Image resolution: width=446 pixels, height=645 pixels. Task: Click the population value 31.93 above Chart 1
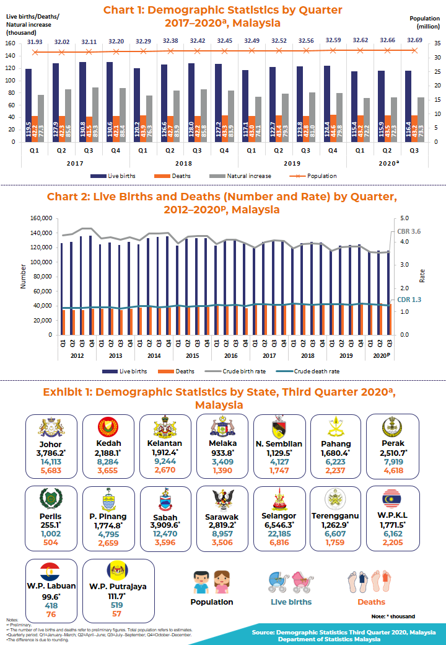click(35, 41)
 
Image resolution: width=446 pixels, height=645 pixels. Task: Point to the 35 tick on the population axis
click(437, 43)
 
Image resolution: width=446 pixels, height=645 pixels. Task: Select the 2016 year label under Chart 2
click(230, 356)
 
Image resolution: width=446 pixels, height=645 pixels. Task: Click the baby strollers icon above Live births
click(291, 582)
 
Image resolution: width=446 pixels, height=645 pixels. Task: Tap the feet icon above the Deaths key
click(370, 582)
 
